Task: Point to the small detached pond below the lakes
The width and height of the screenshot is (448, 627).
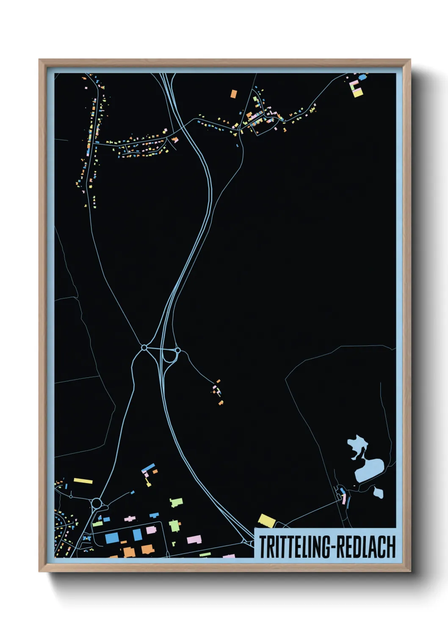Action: point(378,492)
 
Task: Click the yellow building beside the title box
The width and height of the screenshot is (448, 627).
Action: point(267,520)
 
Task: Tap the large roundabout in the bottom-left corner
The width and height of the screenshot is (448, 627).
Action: point(97,503)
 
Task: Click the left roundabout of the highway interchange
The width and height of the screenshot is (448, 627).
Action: point(144,347)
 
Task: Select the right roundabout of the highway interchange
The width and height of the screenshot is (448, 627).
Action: point(178,350)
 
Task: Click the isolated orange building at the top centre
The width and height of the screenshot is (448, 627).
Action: point(233,94)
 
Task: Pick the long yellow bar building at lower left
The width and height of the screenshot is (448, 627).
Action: point(83,481)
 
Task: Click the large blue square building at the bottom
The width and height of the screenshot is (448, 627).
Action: point(112,538)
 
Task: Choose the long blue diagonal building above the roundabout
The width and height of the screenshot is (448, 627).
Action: point(148,467)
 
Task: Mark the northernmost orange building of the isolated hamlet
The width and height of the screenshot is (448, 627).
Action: point(218,381)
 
